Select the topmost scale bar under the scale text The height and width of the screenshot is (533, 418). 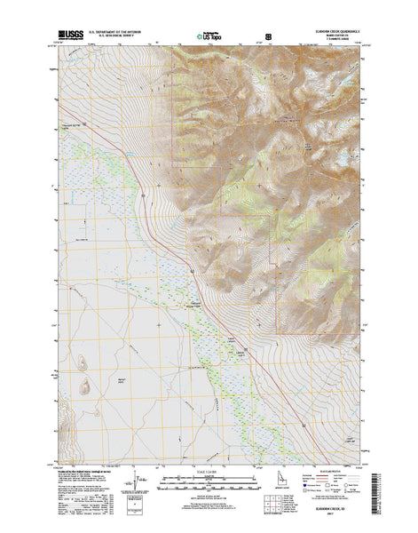pyautogui.click(x=209, y=481)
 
